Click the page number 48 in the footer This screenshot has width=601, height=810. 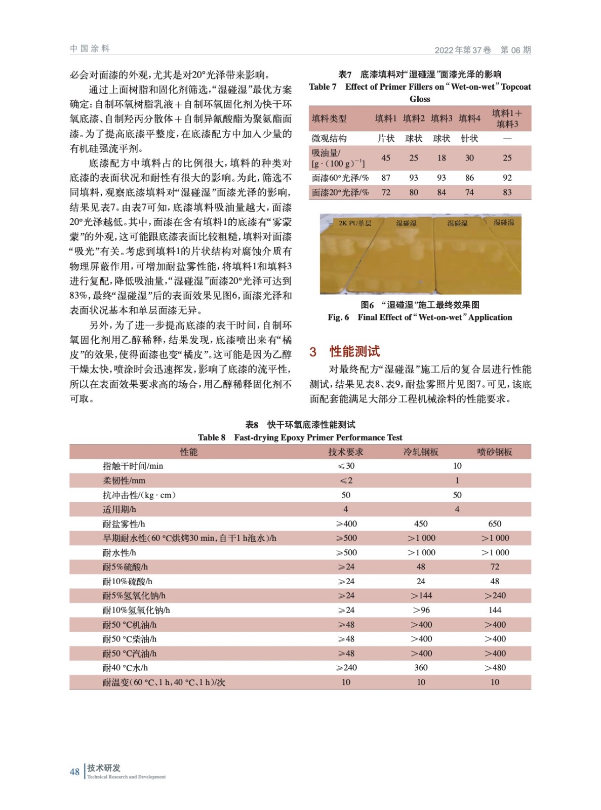74,772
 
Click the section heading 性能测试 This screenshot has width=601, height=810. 354,351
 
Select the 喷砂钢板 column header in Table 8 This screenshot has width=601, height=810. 495,452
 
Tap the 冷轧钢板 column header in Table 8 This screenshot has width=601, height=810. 421,452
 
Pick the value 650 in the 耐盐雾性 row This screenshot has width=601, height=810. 495,523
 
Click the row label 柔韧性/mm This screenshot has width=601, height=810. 124,480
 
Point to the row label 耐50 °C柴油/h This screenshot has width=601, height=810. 130,639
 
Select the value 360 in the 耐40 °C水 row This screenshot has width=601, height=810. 421,667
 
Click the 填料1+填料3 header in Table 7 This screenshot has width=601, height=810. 507,118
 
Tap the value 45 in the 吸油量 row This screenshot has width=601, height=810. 386,158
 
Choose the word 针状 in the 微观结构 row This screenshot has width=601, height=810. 469,138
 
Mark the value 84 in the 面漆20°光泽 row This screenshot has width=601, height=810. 442,192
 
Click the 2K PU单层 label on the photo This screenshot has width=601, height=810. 355,223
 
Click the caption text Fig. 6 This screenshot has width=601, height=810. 338,317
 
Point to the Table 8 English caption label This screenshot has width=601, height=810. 212,437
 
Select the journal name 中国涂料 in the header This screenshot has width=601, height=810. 90,49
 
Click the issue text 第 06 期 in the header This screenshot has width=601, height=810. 515,50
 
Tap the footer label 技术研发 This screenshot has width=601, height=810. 104,768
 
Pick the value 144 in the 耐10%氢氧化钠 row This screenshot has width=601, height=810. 495,610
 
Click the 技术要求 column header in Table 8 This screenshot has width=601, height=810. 346,452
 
